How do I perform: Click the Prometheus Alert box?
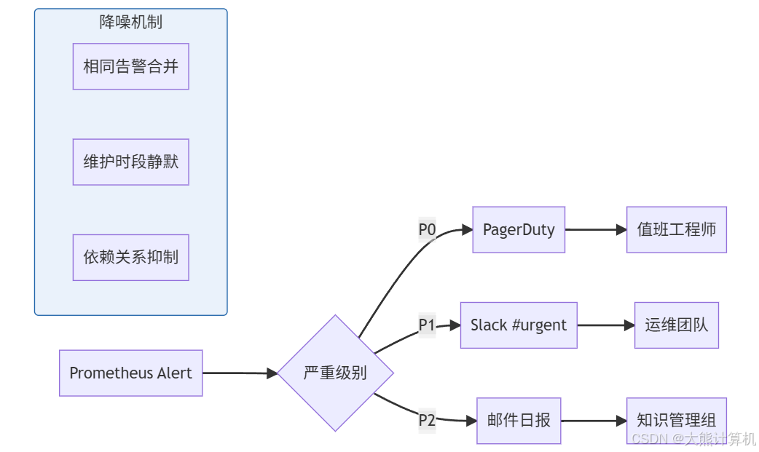(130, 373)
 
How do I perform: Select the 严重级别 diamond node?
(335, 373)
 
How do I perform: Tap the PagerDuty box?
(519, 230)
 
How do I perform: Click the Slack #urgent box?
(519, 325)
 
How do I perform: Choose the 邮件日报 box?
(519, 421)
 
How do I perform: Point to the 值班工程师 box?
(677, 230)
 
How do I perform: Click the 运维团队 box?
(677, 325)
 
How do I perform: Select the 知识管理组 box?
(677, 420)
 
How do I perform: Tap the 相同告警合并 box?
(130, 66)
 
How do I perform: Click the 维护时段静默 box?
(130, 162)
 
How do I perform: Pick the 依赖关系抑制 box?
(130, 257)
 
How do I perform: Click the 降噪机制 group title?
(130, 23)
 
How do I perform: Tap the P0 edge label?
(427, 230)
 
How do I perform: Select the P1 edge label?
(427, 325)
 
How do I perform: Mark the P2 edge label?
(427, 421)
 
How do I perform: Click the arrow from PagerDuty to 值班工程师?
(595, 230)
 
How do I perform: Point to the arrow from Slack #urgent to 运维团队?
(605, 325)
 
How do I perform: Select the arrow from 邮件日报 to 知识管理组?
(594, 421)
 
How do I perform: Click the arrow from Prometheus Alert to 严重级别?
(240, 373)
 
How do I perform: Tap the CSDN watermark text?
(693, 439)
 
